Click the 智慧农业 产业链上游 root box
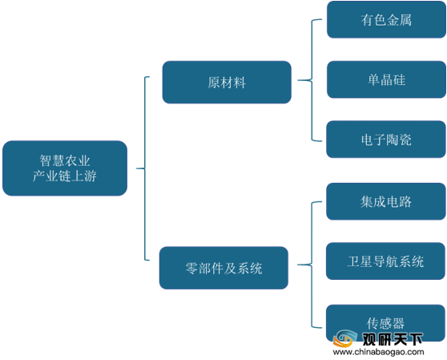pyautogui.click(x=65, y=168)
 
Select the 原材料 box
pyautogui.click(x=227, y=82)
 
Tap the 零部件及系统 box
pyautogui.click(x=223, y=268)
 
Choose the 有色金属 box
pyautogui.click(x=386, y=19)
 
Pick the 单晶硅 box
pyautogui.click(x=386, y=79)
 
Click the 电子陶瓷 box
pyautogui.click(x=386, y=140)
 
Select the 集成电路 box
pyautogui.click(x=386, y=201)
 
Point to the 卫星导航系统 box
pyautogui.click(x=385, y=261)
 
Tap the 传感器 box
pyautogui.click(x=385, y=323)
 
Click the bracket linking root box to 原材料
pyautogui.click(x=145, y=168)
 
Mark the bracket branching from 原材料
pyautogui.click(x=312, y=80)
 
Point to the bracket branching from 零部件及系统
pyautogui.click(x=312, y=265)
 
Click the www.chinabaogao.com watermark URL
pyautogui.click(x=378, y=352)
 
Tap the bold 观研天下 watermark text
pyautogui.click(x=393, y=339)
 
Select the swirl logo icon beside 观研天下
pyautogui.click(x=345, y=338)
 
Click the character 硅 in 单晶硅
pyautogui.click(x=399, y=79)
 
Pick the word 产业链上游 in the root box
pyautogui.click(x=65, y=176)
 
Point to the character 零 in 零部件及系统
pyautogui.click(x=191, y=268)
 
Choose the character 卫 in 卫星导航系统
pyautogui.click(x=353, y=261)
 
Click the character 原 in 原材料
pyautogui.click(x=214, y=83)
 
